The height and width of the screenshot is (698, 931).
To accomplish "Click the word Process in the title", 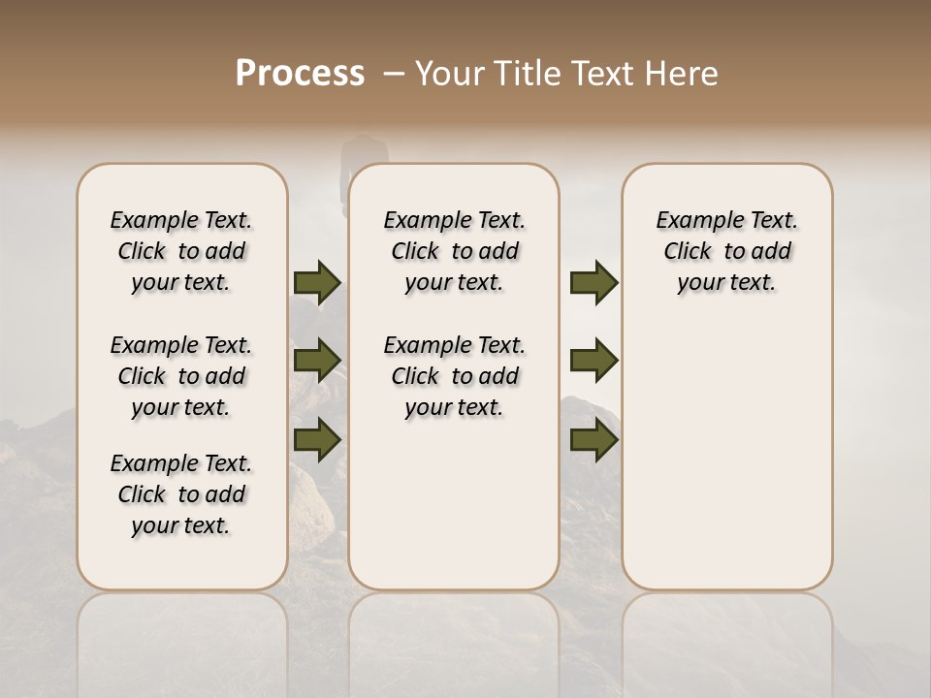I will click(x=300, y=74).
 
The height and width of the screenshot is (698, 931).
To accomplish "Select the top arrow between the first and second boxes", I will click(x=317, y=283).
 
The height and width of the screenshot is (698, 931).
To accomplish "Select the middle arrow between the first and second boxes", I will click(x=317, y=361).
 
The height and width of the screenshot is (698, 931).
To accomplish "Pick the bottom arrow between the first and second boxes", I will click(x=317, y=440).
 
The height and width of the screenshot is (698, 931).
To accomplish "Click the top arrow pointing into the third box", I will click(x=594, y=283).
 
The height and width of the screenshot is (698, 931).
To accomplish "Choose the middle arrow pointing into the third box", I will click(x=594, y=361).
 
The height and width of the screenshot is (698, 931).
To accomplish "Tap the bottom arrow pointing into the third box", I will click(x=594, y=440).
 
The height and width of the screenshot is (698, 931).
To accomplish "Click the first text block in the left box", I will click(x=181, y=251).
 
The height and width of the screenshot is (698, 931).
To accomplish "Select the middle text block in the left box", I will click(x=181, y=376).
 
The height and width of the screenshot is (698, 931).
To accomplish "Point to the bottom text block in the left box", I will click(x=181, y=494).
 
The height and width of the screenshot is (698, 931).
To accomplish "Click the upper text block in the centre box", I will click(x=454, y=251).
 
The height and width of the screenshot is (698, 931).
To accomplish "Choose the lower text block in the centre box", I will click(x=454, y=376).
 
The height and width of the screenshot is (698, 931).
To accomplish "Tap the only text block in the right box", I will click(x=726, y=251).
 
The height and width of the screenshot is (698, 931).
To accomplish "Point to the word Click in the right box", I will click(x=688, y=252).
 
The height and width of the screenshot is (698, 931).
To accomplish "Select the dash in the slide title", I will click(x=393, y=74).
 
